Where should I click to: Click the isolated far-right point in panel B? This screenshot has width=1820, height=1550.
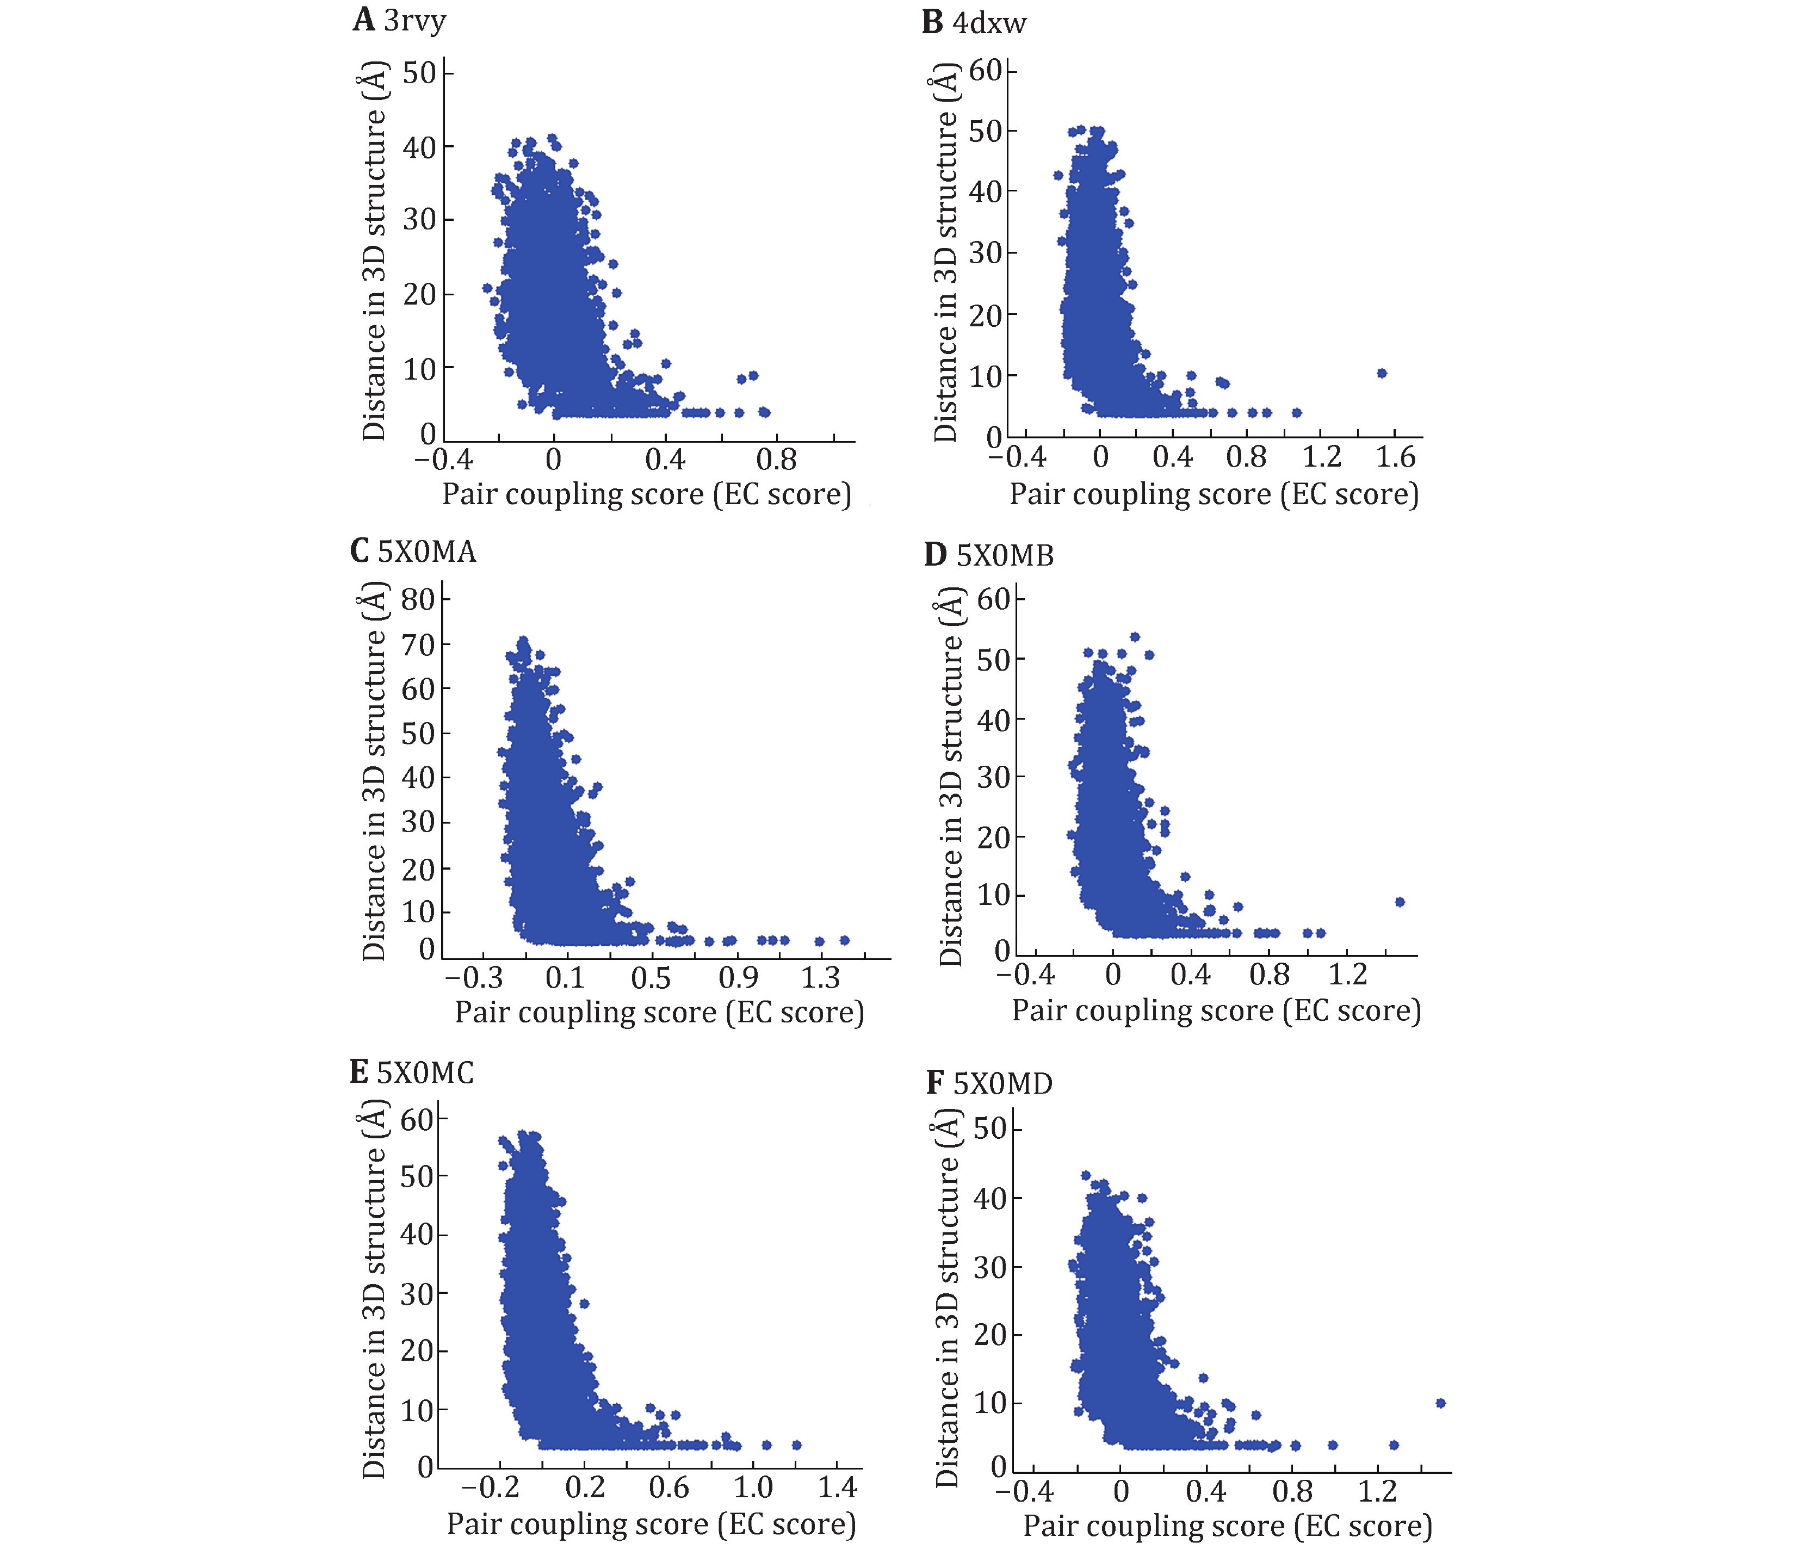[x=1381, y=373]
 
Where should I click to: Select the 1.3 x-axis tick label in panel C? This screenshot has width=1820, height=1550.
[x=820, y=977]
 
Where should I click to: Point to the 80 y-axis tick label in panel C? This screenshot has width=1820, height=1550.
[x=418, y=600]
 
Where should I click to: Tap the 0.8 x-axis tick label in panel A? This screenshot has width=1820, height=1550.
[x=777, y=460]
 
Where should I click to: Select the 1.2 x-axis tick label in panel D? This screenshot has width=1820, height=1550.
[x=1347, y=975]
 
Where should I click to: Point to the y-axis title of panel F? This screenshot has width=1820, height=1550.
[x=947, y=1298]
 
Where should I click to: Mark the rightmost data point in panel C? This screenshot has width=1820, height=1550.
[x=844, y=940]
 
